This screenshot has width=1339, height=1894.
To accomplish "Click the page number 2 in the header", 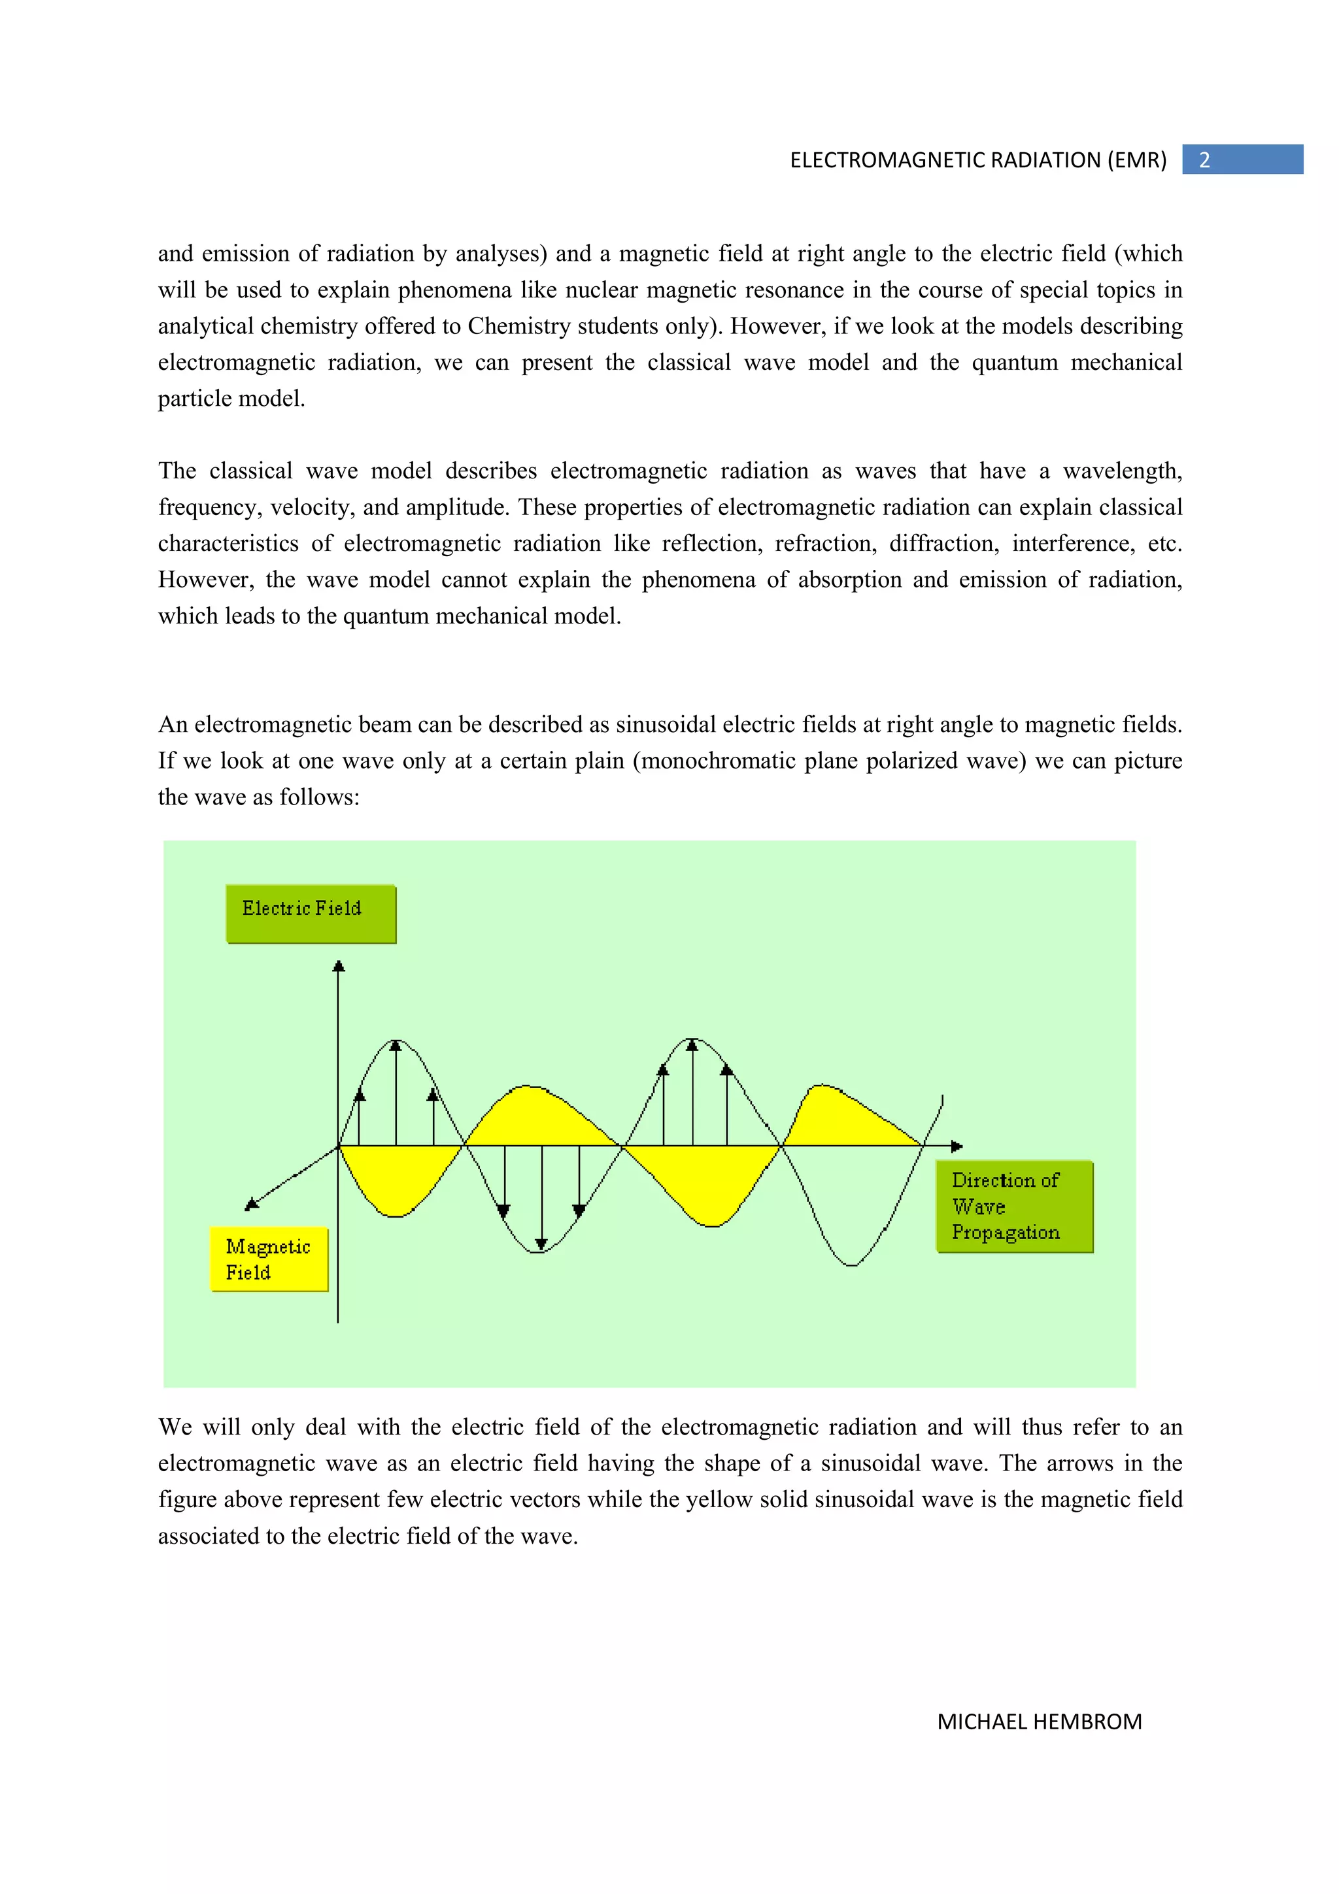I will (x=1204, y=160).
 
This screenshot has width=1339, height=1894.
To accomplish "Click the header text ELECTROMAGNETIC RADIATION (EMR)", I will (x=977, y=160).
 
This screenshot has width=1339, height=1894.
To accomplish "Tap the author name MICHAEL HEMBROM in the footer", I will (x=1039, y=1721).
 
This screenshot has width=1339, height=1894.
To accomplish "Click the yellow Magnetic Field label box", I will (x=269, y=1259).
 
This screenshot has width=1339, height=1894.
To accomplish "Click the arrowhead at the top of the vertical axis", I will (x=338, y=966).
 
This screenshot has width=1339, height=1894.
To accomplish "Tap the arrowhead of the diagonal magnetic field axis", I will (x=252, y=1205).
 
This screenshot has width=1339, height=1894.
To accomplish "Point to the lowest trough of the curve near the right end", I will (x=851, y=1264).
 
